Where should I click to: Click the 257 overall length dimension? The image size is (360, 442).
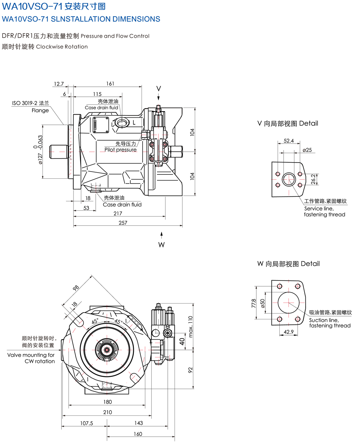point(123,223)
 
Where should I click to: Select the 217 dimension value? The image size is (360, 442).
point(117,213)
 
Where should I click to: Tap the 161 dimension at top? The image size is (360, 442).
point(110,83)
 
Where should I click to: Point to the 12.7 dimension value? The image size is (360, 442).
point(58,83)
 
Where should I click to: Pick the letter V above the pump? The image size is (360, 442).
point(158,88)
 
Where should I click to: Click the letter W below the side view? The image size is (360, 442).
point(161,245)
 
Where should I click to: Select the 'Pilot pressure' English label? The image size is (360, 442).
point(121,150)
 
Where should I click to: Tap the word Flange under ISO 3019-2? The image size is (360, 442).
point(40,110)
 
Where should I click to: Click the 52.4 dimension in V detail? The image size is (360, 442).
point(289,141)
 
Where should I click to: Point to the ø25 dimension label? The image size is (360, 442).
point(307,150)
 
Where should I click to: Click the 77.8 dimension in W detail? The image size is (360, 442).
point(253,303)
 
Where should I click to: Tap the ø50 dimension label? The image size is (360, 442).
point(262,303)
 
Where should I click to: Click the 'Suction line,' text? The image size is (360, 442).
point(324,320)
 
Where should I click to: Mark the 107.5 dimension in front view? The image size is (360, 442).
point(86,423)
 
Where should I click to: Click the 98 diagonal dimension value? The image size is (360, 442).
point(75,288)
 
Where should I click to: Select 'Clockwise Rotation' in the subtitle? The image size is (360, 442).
point(62,47)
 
